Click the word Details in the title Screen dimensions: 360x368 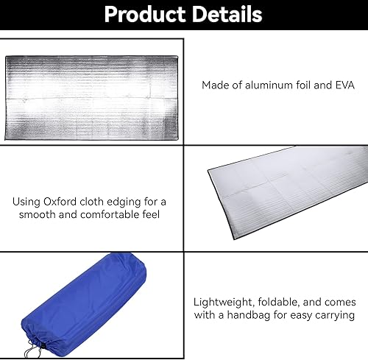click(x=222, y=15)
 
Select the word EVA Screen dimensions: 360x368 click(x=342, y=85)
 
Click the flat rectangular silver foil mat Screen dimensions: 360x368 click(x=91, y=92)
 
